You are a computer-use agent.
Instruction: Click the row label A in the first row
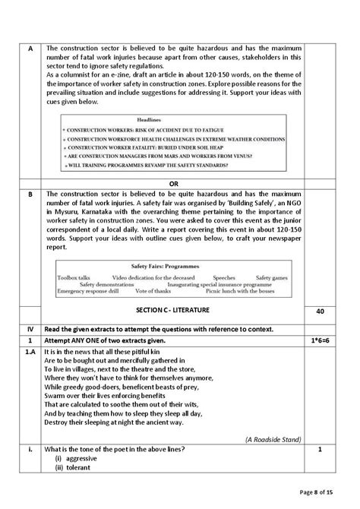click(30, 48)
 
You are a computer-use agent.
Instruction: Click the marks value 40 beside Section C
click(318, 311)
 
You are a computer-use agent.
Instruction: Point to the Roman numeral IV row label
click(30, 327)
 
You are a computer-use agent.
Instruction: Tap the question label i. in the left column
click(30, 449)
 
